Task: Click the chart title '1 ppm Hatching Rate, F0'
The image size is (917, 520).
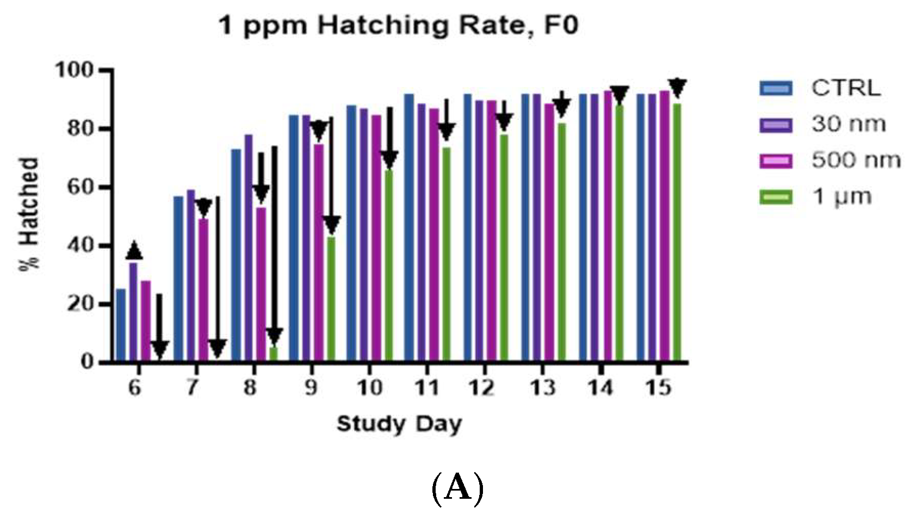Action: point(398,26)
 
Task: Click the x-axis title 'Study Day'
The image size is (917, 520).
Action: point(399,424)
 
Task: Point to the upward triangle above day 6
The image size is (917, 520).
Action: point(134,251)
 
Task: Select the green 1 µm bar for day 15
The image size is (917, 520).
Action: point(677,232)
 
